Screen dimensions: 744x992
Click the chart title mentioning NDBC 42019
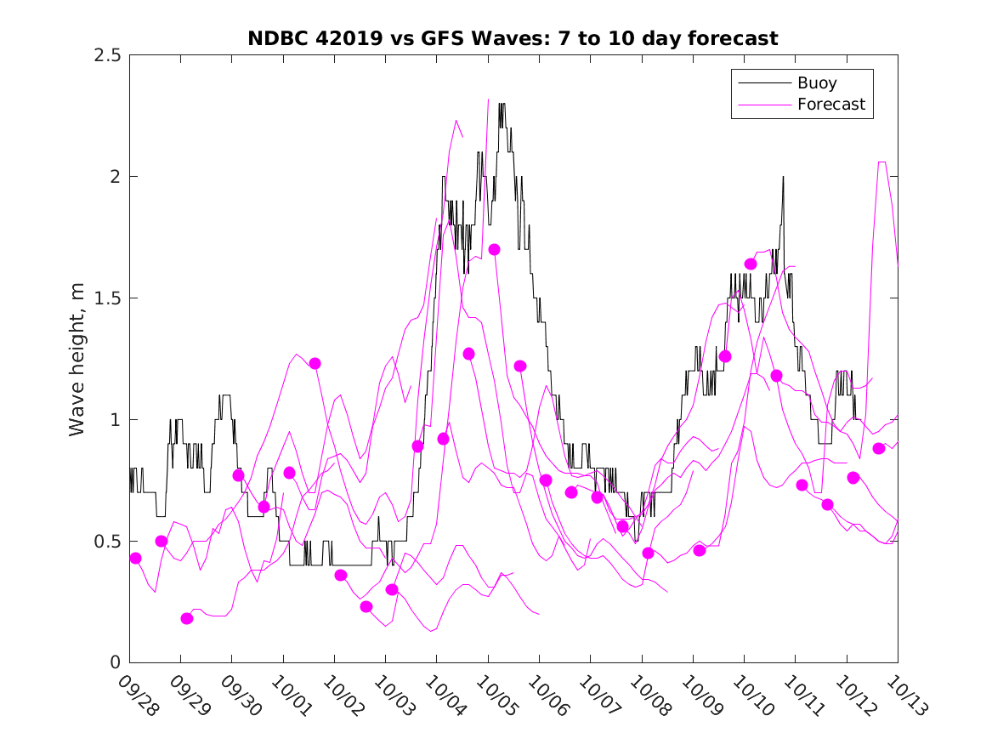click(513, 38)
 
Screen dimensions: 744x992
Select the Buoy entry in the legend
click(816, 83)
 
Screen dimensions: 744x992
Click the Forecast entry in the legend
click(830, 105)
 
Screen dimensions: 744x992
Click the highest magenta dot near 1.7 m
click(494, 249)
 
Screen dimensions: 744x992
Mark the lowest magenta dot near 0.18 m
click(187, 618)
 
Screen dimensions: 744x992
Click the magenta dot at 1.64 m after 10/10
click(751, 264)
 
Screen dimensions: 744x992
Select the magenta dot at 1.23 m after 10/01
click(315, 363)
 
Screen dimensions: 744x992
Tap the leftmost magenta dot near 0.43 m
click(135, 558)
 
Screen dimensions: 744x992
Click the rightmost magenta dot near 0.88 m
click(879, 448)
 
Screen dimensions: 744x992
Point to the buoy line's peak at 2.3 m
click(502, 104)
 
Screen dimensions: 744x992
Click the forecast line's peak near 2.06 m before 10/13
click(882, 162)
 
